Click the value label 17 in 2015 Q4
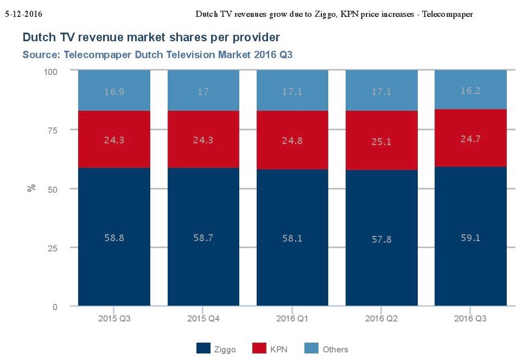point(203,92)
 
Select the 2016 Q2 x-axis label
point(381,318)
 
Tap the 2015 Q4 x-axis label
point(203,318)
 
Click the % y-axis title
point(32,188)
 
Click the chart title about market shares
point(152,38)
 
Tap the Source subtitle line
point(157,54)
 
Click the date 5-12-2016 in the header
point(23,13)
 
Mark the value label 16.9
point(114,92)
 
